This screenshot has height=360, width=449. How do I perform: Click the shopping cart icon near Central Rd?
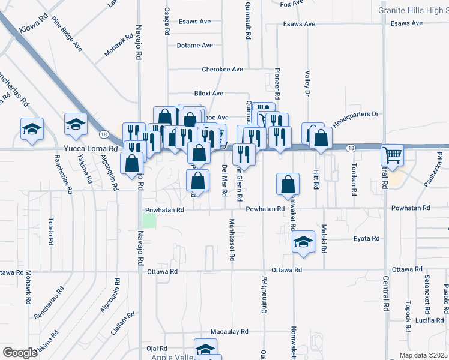[392, 155]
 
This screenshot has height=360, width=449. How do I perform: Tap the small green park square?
[148, 220]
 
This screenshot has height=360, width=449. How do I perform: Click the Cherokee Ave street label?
[222, 70]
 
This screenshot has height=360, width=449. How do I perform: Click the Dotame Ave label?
[194, 46]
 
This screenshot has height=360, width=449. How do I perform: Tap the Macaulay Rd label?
[229, 332]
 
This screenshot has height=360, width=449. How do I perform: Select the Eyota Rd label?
[366, 238]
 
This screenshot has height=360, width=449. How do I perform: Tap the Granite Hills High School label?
[413, 10]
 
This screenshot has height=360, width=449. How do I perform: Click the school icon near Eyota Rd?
[304, 242]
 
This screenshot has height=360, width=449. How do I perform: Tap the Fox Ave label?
[292, 4]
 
